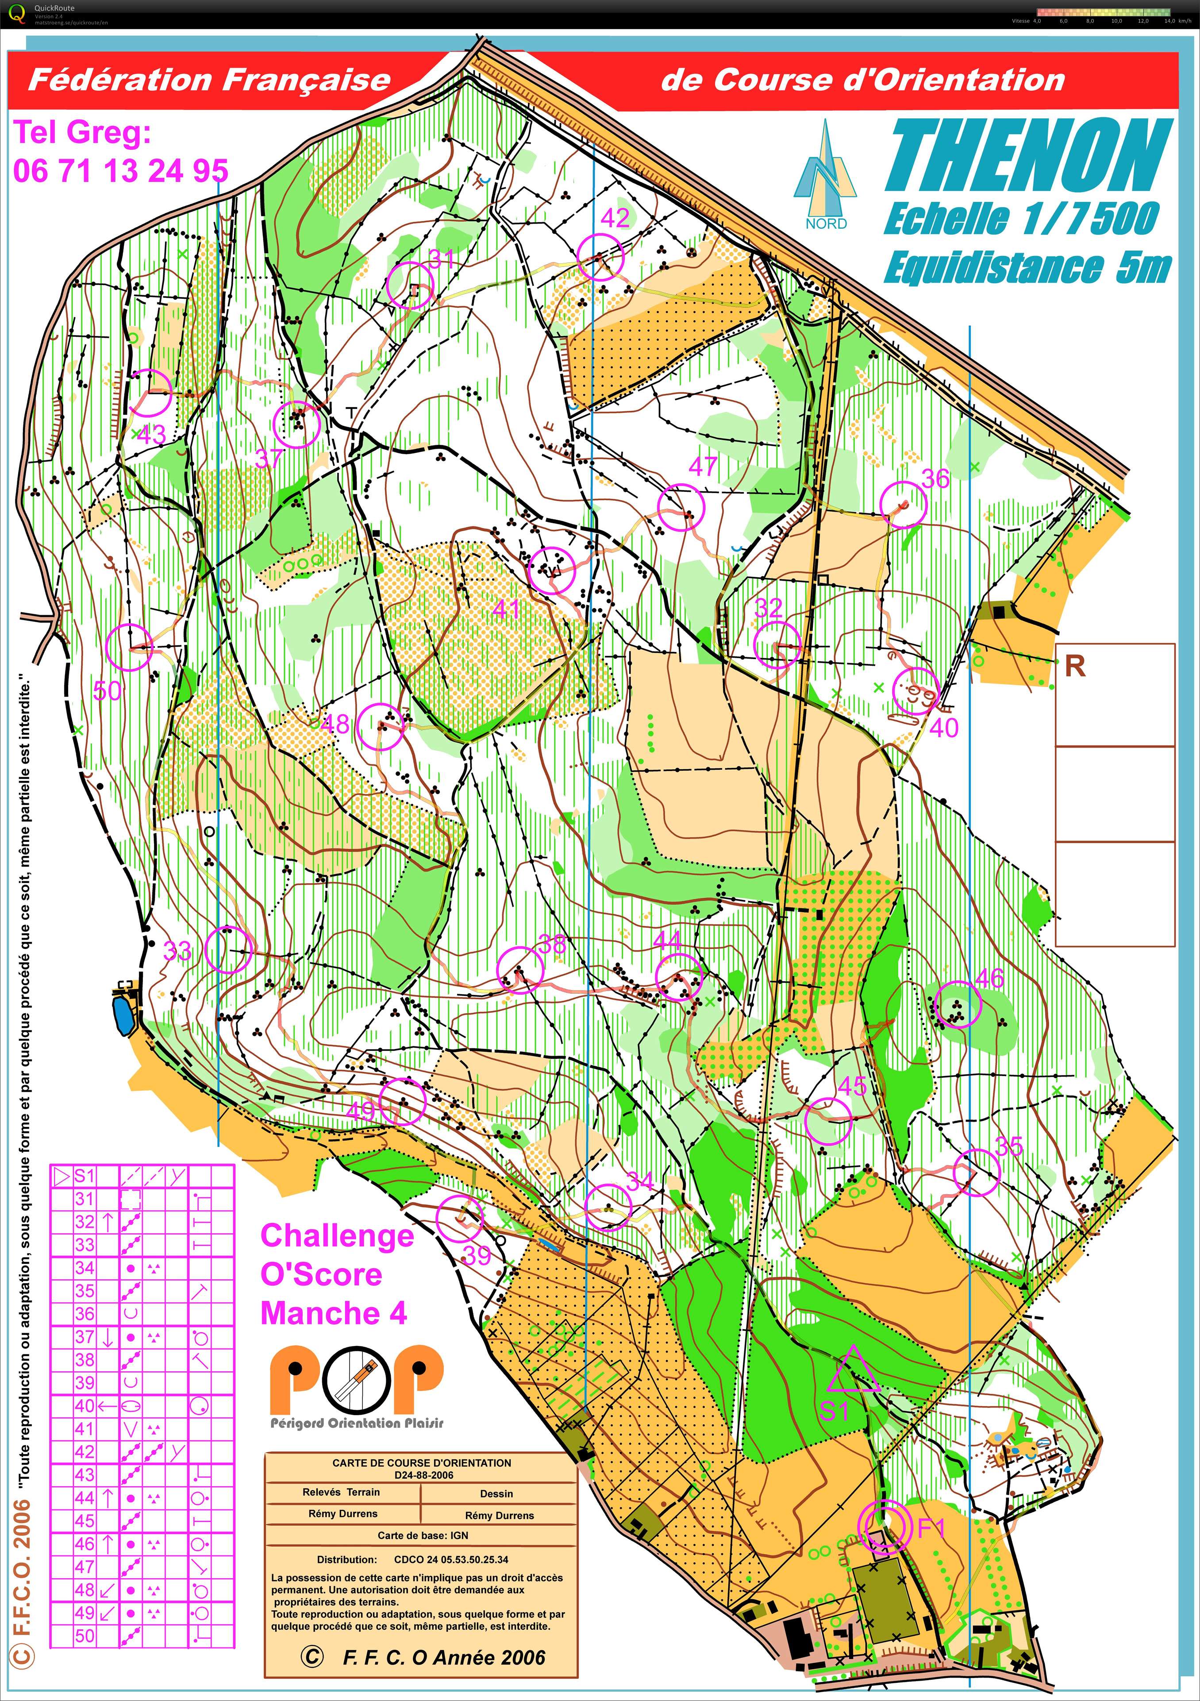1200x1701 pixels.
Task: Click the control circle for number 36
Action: tap(904, 504)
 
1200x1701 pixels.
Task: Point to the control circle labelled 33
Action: tap(228, 949)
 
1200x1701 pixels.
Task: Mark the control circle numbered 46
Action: tap(957, 1005)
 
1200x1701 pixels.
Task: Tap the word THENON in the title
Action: tap(1028, 157)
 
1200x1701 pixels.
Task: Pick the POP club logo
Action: tap(356, 1380)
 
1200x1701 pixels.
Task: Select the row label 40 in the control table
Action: tap(85, 1405)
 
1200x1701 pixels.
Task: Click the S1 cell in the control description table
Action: tap(85, 1175)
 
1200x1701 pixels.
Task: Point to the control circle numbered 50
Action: tap(130, 648)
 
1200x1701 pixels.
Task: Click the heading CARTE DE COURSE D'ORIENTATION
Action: tap(422, 1462)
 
